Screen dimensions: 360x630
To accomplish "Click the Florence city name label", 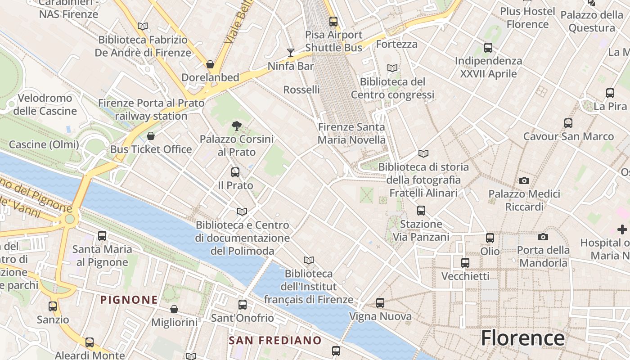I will pyautogui.click(x=522, y=338).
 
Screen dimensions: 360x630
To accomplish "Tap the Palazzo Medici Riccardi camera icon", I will pyautogui.click(x=524, y=180).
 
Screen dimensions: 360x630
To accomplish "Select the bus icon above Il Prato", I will pyautogui.click(x=235, y=172).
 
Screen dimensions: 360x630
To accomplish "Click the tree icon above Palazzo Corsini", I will pyautogui.click(x=236, y=126).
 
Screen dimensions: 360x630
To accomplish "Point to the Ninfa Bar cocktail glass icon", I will pyautogui.click(x=291, y=53).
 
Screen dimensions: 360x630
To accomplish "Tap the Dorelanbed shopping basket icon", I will pyautogui.click(x=210, y=64).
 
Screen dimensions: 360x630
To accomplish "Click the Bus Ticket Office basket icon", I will pyautogui.click(x=151, y=136).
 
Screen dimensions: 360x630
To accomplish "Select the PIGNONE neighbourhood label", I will pyautogui.click(x=129, y=300).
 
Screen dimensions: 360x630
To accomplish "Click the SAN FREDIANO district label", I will pyautogui.click(x=275, y=340).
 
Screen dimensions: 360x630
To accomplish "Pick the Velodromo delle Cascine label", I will pyautogui.click(x=45, y=104).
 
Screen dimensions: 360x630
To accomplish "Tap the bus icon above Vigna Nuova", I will pyautogui.click(x=380, y=303).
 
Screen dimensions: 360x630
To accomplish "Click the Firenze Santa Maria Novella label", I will pyautogui.click(x=351, y=134).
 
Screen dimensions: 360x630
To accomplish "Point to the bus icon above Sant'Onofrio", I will pyautogui.click(x=243, y=305).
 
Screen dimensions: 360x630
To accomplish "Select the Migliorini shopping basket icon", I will pyautogui.click(x=174, y=309).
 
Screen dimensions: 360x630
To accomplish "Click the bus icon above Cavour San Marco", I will pyautogui.click(x=568, y=123).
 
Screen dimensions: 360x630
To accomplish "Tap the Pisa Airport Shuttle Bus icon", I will pyautogui.click(x=333, y=21).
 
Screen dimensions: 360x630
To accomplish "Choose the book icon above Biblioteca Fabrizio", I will pyautogui.click(x=143, y=27).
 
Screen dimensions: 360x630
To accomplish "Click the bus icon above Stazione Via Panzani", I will pyautogui.click(x=421, y=210).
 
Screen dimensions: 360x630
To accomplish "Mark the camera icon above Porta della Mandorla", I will pyautogui.click(x=543, y=237).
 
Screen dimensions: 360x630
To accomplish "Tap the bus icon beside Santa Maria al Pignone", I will pyautogui.click(x=102, y=235).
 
